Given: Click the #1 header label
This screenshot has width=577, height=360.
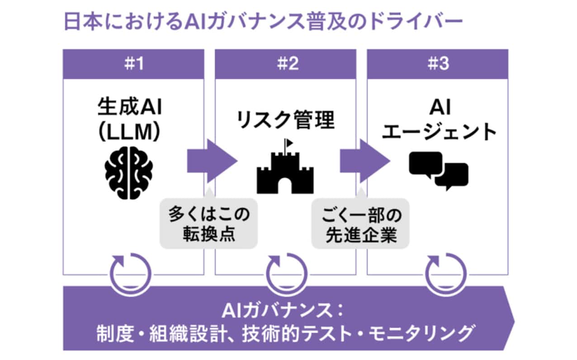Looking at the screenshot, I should (133, 64).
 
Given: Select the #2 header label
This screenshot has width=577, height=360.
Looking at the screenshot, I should (285, 64).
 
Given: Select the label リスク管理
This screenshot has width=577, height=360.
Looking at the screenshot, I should (285, 121).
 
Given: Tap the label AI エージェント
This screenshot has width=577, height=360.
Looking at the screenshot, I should (438, 121).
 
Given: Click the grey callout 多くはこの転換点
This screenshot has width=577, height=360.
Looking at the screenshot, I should (209, 225).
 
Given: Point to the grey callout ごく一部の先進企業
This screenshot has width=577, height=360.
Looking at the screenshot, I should (361, 225).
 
